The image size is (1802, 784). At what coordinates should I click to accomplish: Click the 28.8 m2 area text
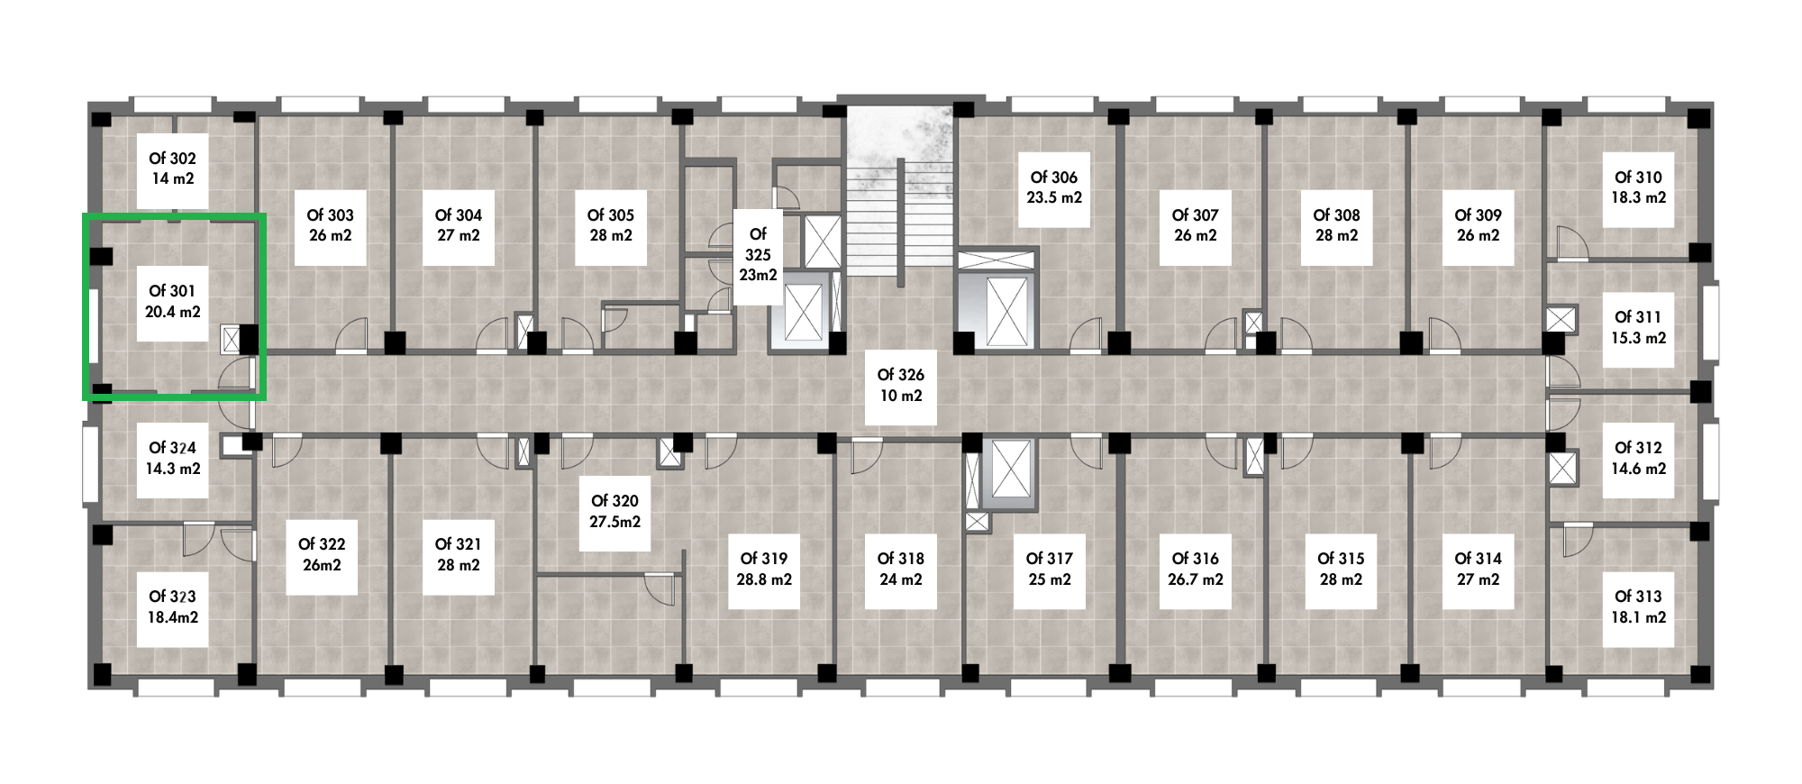click(x=764, y=579)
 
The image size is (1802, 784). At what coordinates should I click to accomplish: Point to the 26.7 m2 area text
click(x=1195, y=579)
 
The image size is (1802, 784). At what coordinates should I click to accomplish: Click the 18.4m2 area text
click(x=172, y=617)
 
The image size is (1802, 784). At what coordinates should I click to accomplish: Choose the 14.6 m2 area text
click(x=1637, y=469)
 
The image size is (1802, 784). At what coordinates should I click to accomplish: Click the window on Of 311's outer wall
click(x=1710, y=322)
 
